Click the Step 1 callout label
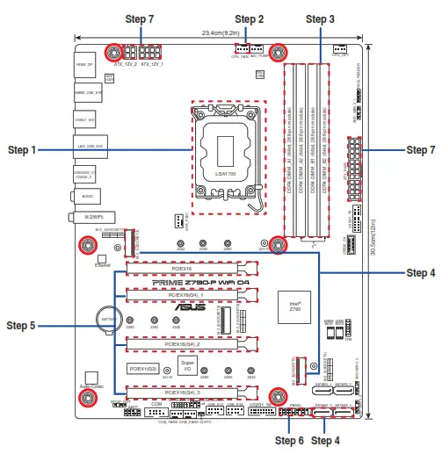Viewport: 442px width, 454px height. click(x=21, y=150)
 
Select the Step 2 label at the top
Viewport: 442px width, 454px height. click(x=249, y=18)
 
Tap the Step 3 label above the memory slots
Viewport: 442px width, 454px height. click(x=319, y=18)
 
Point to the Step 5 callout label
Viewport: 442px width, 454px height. click(x=21, y=326)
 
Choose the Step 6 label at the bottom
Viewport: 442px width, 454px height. click(x=290, y=440)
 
